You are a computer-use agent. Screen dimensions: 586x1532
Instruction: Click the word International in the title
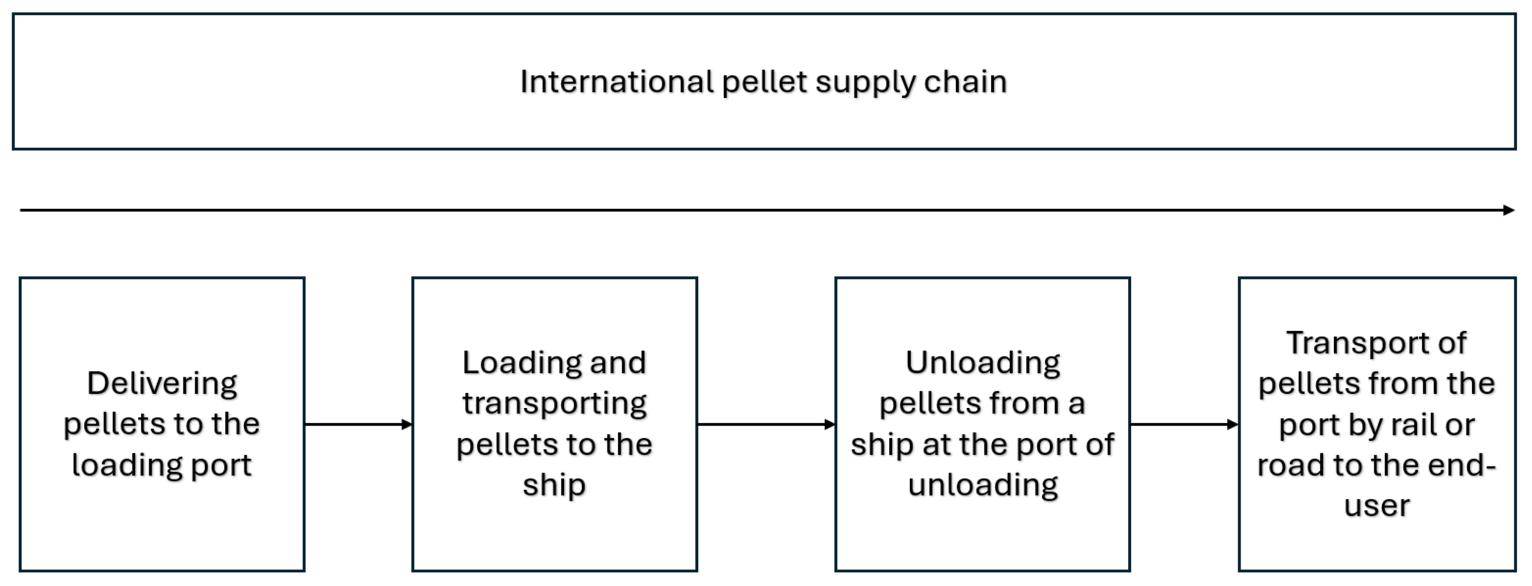coord(616,82)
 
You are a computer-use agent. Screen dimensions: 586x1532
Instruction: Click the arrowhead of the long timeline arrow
coord(1509,210)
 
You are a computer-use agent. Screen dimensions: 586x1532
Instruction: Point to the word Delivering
coord(162,384)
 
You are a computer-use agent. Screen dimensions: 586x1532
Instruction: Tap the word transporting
coord(555,403)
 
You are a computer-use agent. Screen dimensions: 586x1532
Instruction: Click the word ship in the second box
coord(555,485)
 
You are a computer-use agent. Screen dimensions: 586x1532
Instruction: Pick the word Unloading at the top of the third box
coord(983,363)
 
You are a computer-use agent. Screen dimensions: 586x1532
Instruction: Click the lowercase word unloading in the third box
coord(983,485)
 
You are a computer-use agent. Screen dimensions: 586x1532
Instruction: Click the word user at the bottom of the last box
coord(1376,506)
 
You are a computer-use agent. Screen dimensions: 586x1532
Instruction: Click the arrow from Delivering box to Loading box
coord(358,424)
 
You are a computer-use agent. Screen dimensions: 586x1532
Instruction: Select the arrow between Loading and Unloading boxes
coord(766,424)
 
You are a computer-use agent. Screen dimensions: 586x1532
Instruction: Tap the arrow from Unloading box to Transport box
coord(1184,424)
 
